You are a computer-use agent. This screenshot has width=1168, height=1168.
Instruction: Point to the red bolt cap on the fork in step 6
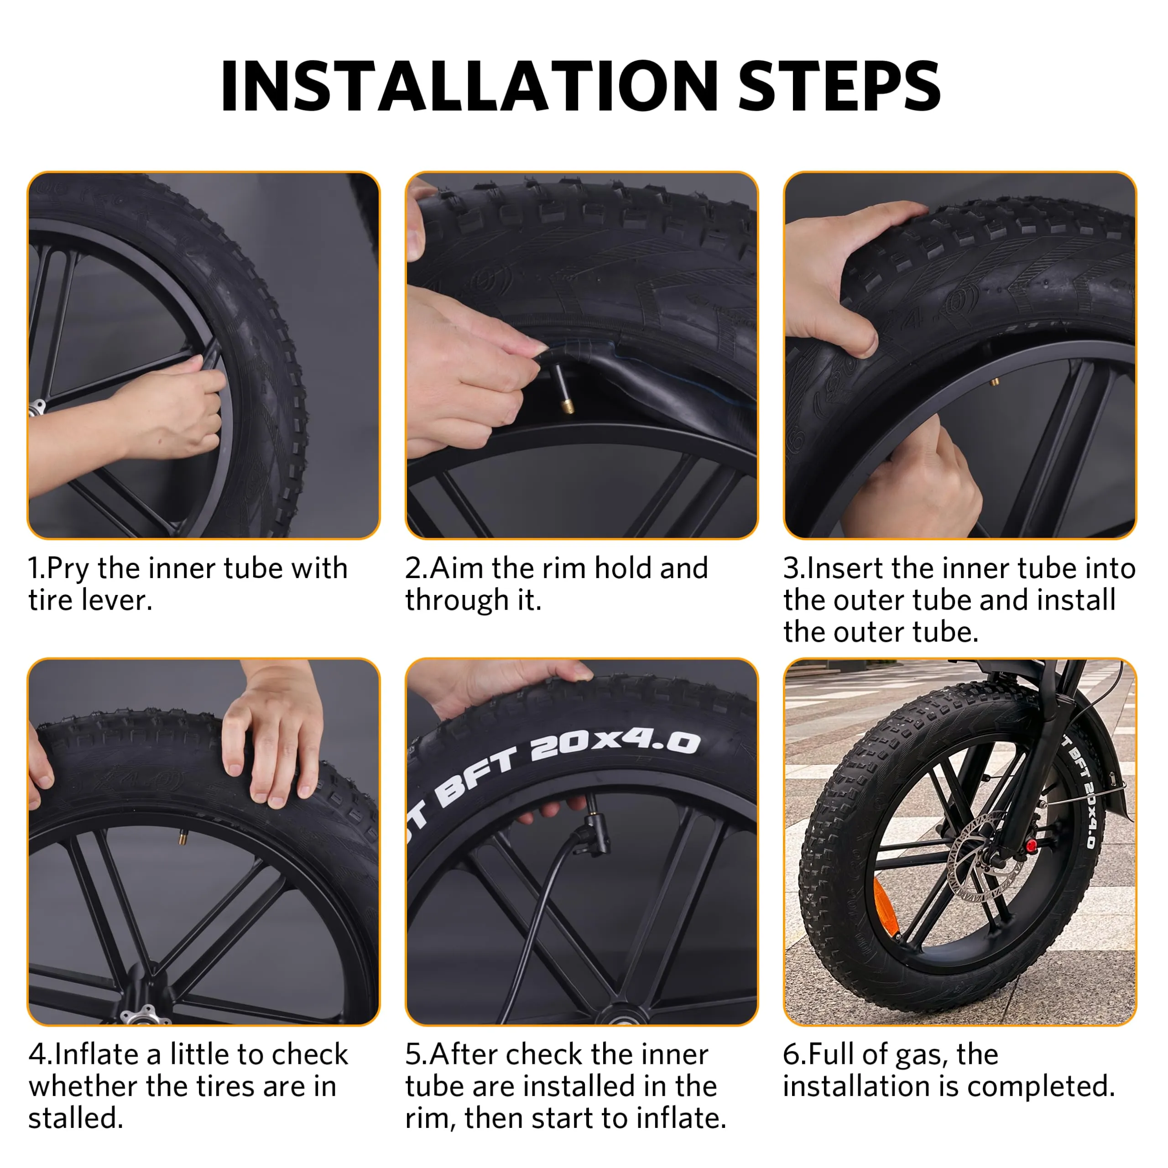(x=1032, y=845)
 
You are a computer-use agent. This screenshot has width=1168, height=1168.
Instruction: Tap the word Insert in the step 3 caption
(x=844, y=569)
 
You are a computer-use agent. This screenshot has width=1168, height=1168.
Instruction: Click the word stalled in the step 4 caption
(x=76, y=1118)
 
